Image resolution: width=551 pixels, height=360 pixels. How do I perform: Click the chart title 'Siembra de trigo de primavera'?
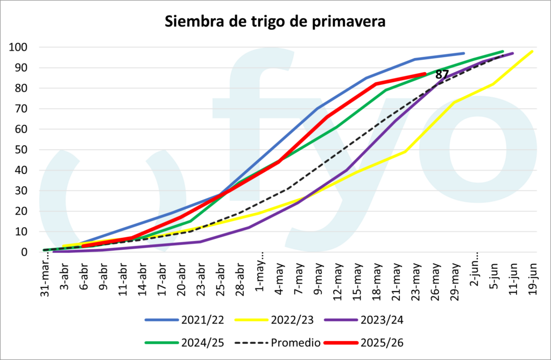point(275,22)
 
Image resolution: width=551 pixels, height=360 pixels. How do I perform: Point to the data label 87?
point(442,75)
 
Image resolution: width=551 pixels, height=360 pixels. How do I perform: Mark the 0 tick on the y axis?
point(25,252)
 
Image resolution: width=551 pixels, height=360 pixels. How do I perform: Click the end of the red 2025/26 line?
point(425,74)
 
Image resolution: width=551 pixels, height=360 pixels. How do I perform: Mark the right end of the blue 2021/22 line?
point(464,53)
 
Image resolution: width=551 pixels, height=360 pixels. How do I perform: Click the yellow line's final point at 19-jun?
point(532,51)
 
